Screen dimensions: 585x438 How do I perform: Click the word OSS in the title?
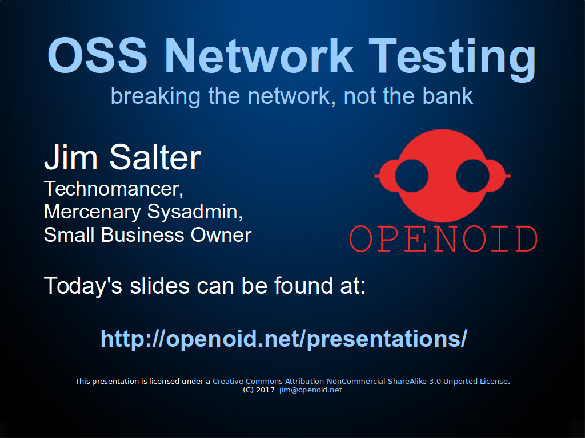click(97, 55)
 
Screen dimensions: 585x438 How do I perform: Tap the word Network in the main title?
click(259, 55)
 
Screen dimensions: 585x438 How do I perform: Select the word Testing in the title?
click(452, 59)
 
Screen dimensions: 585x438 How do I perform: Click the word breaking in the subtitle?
click(155, 97)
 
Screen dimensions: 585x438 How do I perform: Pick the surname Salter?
click(155, 157)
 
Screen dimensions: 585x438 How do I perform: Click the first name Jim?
click(71, 157)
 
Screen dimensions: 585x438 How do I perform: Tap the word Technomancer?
click(114, 189)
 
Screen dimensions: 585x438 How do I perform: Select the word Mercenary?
click(92, 213)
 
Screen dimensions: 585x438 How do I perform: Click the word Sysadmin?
click(195, 212)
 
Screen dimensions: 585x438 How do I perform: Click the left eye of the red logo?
click(411, 176)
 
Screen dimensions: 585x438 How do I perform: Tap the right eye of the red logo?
click(472, 176)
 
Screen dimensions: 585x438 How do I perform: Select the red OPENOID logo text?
click(443, 239)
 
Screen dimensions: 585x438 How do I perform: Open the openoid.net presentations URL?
click(284, 339)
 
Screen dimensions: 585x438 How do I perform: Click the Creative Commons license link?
click(360, 382)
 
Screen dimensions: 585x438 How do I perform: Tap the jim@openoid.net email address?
click(311, 390)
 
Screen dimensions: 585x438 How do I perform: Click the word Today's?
click(83, 286)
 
